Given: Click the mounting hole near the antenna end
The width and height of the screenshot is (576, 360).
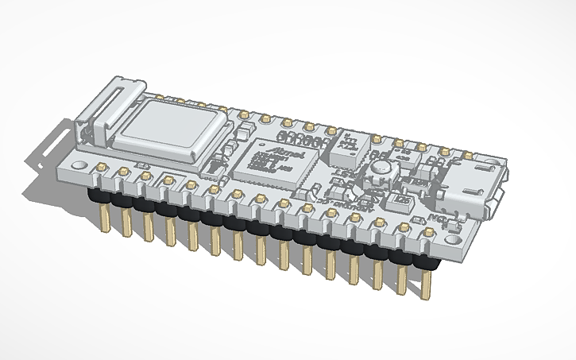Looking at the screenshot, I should (78, 168).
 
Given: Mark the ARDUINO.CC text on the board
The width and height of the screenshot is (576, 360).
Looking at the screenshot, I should (334, 202).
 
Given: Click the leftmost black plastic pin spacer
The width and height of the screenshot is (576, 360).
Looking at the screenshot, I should (99, 195).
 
